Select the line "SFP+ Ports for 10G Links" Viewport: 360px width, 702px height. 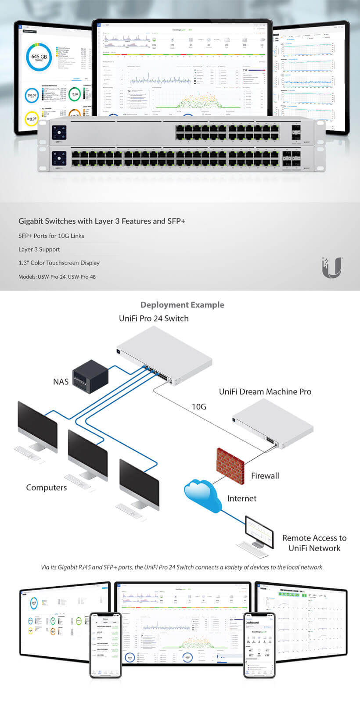51,236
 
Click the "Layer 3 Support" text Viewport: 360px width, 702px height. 39,249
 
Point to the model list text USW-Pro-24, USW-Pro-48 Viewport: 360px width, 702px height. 57,277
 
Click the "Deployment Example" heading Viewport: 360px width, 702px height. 182,305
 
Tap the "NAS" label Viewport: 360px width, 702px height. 61,382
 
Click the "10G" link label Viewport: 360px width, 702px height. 198,407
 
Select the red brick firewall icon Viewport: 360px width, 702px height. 230,465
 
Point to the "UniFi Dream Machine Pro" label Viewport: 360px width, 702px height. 265,392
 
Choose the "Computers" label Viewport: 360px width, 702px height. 47,487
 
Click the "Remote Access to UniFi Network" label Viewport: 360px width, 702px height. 314,543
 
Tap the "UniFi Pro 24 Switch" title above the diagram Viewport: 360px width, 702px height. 154,319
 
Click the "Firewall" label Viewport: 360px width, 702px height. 265,476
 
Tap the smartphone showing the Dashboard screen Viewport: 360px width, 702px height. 259,645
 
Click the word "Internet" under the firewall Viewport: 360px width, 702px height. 241,498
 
